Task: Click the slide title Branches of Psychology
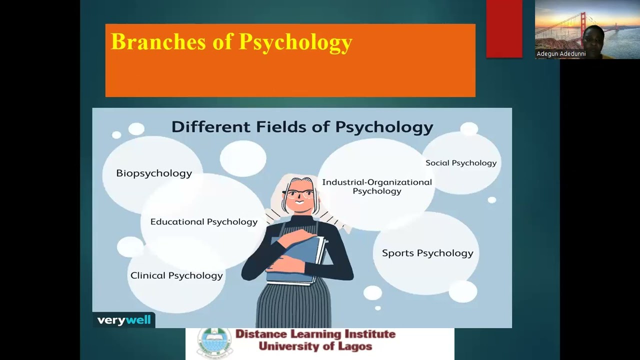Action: click(x=231, y=42)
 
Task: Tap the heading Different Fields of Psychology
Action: click(x=302, y=127)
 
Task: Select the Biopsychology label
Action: click(x=154, y=173)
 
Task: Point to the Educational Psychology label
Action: click(x=204, y=222)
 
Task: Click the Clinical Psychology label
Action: click(x=176, y=275)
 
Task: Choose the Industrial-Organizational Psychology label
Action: click(x=377, y=186)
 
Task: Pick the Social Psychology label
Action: click(x=461, y=163)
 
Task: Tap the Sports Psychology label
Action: click(x=427, y=253)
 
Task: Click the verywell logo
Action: click(x=124, y=320)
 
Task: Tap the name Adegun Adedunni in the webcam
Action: click(x=561, y=54)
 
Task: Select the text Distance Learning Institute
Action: click(x=315, y=334)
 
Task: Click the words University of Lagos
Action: click(x=315, y=346)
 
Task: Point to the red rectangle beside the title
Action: click(x=504, y=28)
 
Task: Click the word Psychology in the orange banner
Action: click(x=295, y=42)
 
